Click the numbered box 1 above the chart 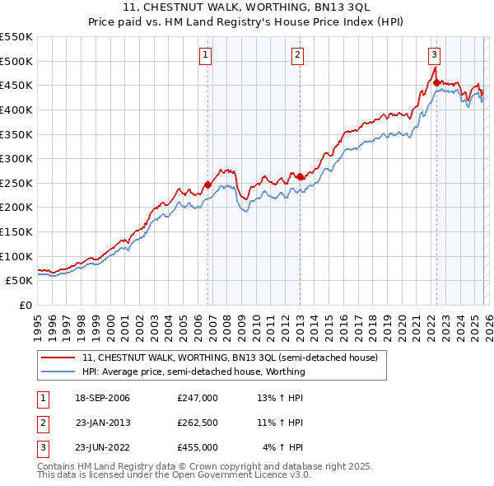pyautogui.click(x=204, y=55)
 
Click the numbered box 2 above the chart pyautogui.click(x=296, y=55)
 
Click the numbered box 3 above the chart pyautogui.click(x=434, y=55)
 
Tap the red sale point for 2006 pyautogui.click(x=207, y=185)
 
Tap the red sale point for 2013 pyautogui.click(x=300, y=176)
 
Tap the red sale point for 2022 pyautogui.click(x=436, y=82)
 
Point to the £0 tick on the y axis pyautogui.click(x=25, y=305)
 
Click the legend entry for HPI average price pyautogui.click(x=193, y=372)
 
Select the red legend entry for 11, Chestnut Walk pyautogui.click(x=230, y=357)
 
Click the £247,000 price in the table pyautogui.click(x=197, y=398)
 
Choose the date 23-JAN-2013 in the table pyautogui.click(x=103, y=423)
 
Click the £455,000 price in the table pyautogui.click(x=197, y=447)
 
